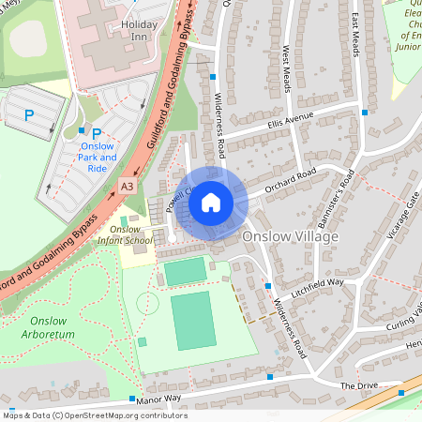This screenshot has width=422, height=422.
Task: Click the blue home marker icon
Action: coord(211,201)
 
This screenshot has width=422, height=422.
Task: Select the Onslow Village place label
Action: coord(290,237)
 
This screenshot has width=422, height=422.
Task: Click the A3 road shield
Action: coord(127,188)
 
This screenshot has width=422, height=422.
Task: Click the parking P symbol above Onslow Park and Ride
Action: coord(97,133)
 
